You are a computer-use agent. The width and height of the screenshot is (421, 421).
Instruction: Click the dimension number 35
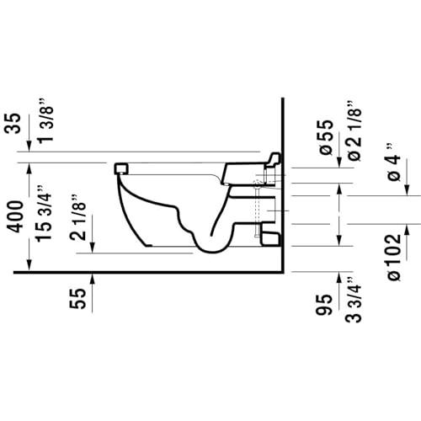(13, 123)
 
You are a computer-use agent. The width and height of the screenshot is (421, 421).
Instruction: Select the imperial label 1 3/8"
(45, 120)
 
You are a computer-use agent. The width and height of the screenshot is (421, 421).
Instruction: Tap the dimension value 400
(15, 216)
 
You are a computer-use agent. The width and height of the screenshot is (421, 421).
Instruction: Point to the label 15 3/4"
(45, 213)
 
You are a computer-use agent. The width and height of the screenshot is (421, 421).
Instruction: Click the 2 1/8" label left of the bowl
(77, 217)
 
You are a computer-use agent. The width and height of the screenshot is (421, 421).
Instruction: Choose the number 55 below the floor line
(77, 299)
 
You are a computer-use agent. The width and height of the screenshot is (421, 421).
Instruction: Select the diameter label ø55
(326, 137)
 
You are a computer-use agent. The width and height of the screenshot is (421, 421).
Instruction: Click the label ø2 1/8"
(354, 131)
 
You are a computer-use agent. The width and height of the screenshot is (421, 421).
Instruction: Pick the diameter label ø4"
(394, 163)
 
